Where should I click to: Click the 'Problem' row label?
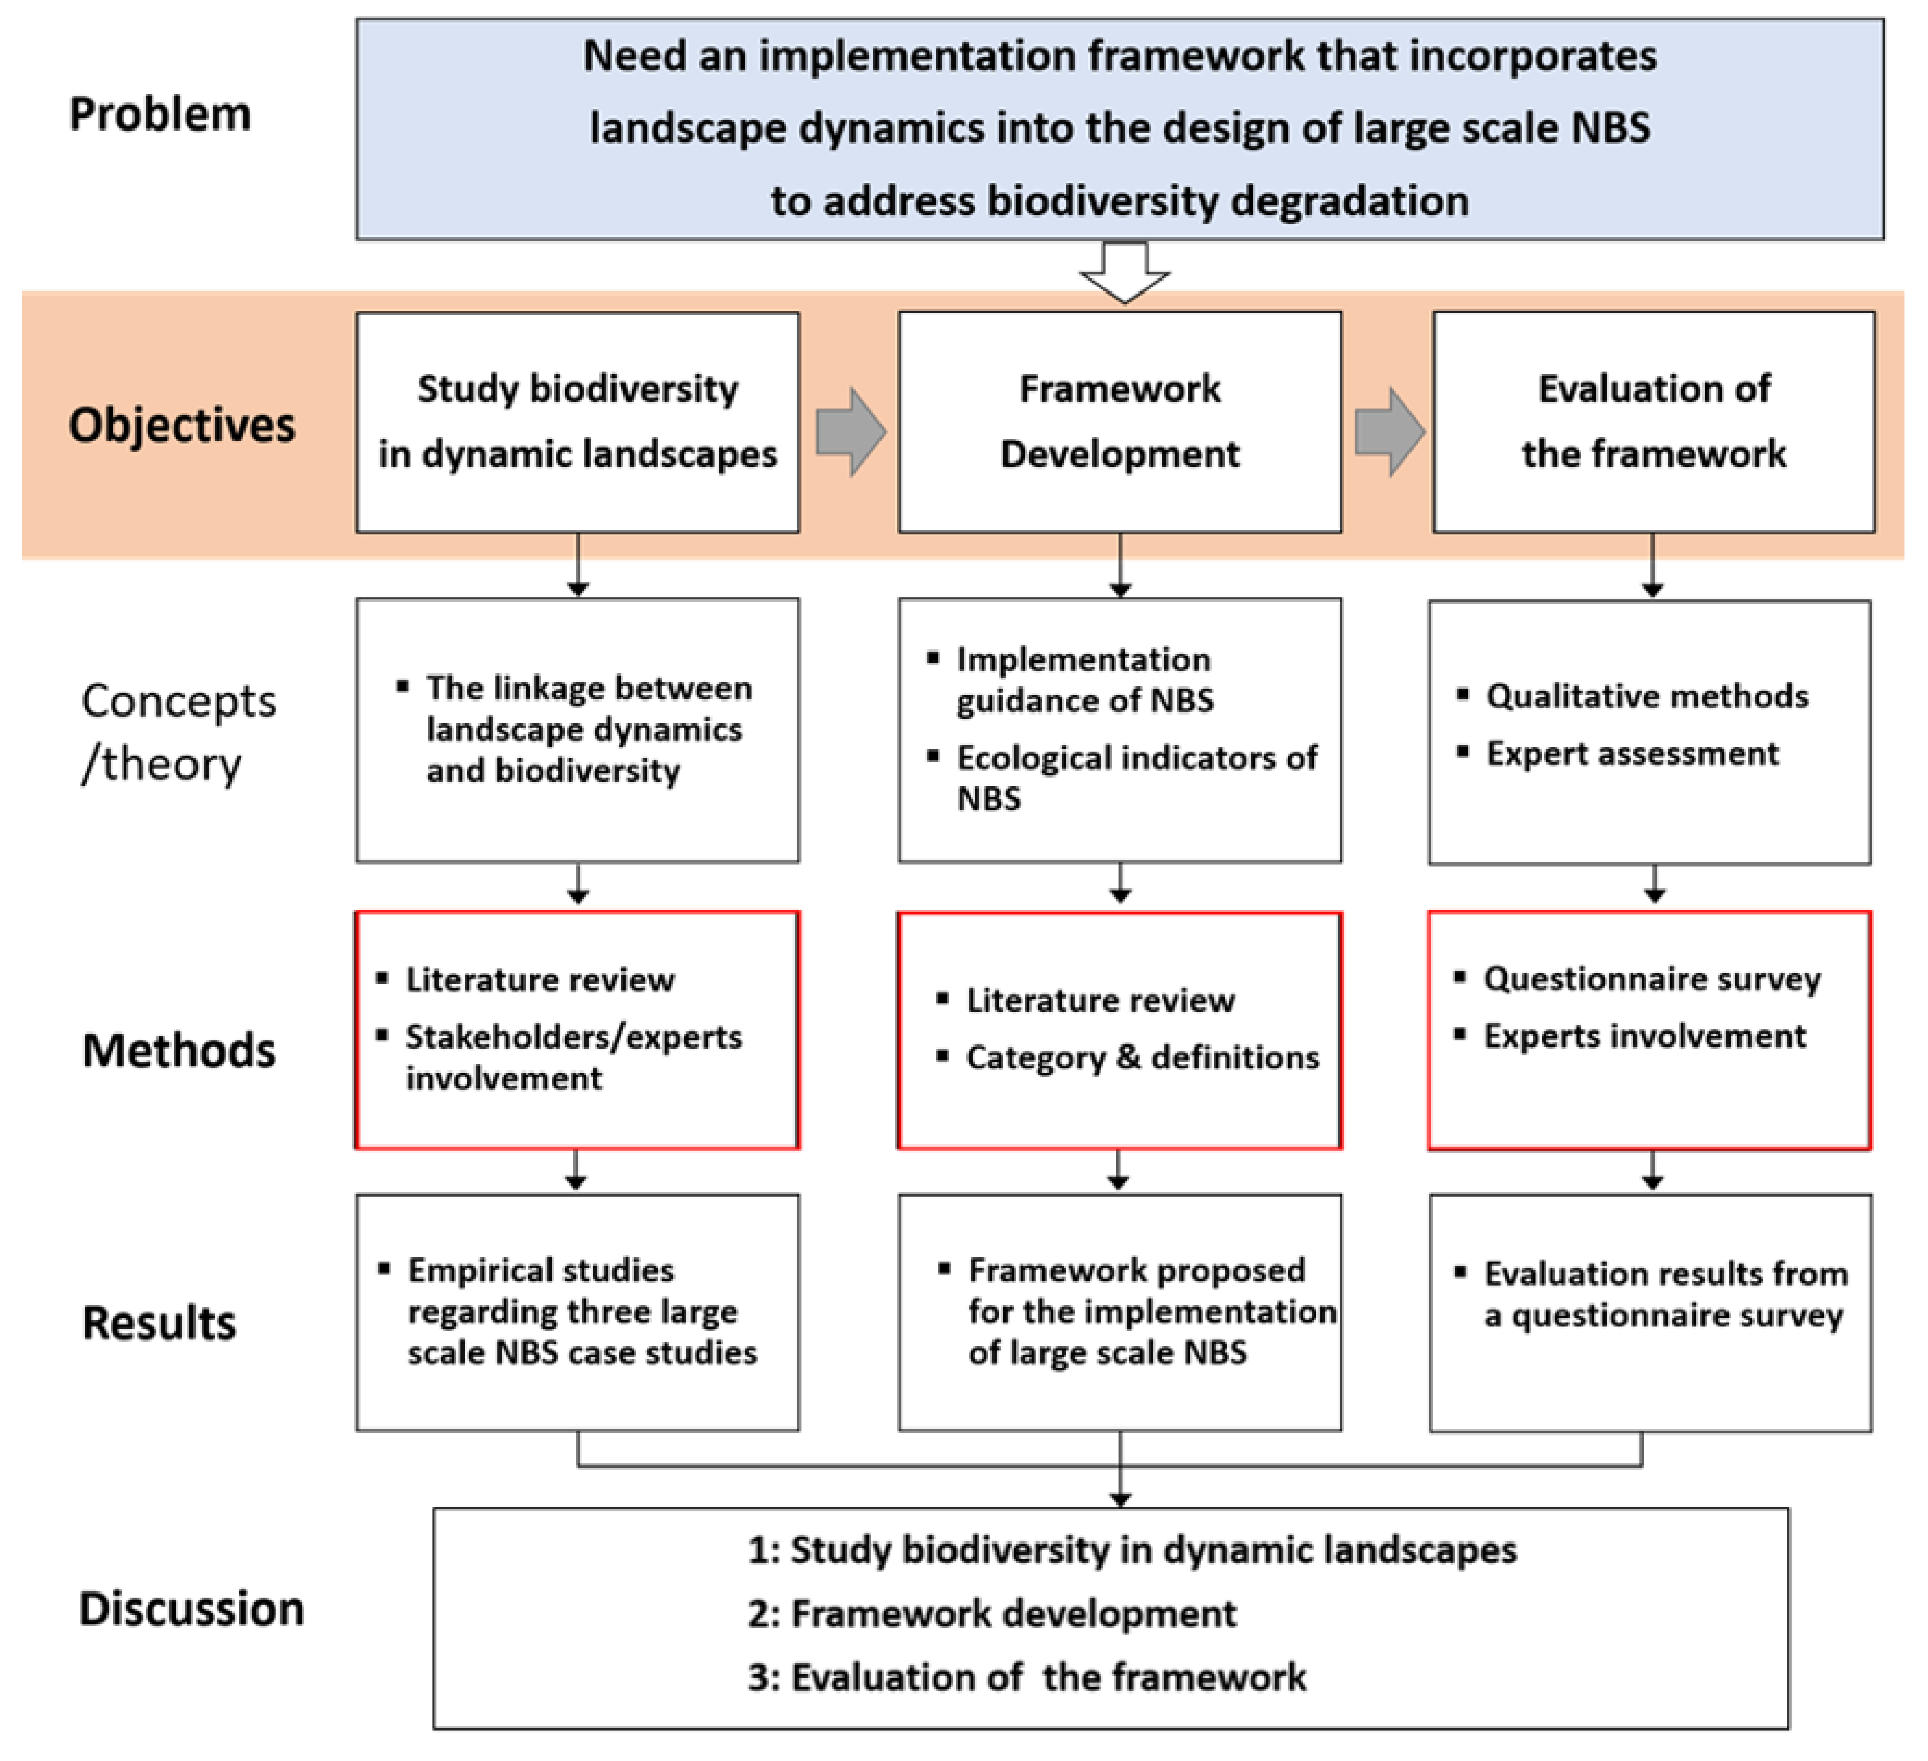(x=160, y=114)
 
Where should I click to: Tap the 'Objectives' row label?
(x=182, y=425)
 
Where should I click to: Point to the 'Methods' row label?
(x=179, y=1050)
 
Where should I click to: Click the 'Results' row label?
(x=159, y=1323)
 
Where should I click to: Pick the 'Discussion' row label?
(x=191, y=1608)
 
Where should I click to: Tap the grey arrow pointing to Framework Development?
(x=850, y=432)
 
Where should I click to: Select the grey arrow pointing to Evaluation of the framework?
(x=1390, y=432)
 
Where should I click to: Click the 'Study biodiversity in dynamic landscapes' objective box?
(x=578, y=422)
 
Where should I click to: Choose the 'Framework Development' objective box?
(x=1120, y=422)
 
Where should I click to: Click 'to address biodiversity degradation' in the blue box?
(x=1119, y=201)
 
